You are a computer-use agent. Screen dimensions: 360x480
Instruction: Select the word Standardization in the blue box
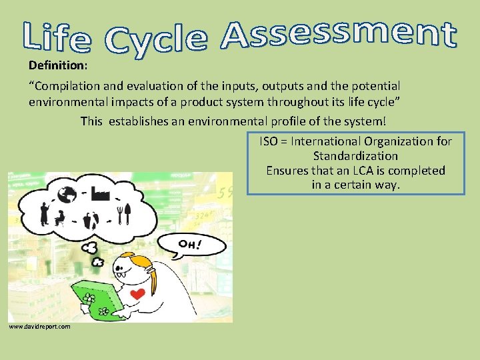355,156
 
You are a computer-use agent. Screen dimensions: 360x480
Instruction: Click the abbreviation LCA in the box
355,171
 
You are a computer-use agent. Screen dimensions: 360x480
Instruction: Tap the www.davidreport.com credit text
39,326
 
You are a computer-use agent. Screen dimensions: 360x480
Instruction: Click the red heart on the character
137,294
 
